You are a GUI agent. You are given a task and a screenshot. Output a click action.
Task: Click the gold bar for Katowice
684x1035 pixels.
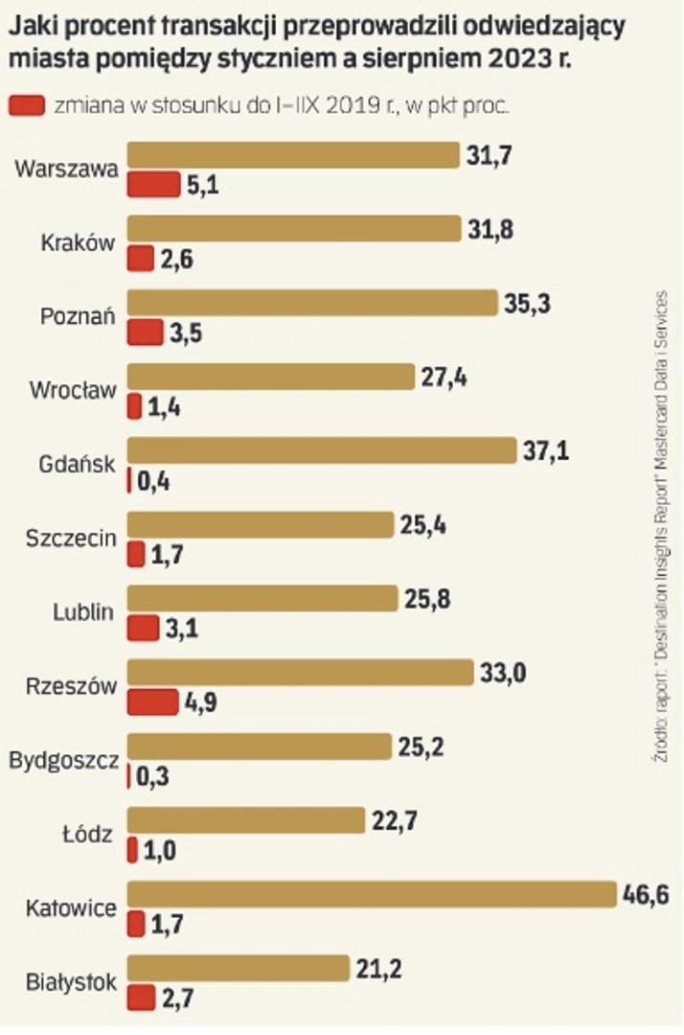click(371, 895)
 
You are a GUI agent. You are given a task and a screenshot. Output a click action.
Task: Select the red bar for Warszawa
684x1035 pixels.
click(153, 184)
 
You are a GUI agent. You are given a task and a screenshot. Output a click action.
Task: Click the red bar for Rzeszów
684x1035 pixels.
click(152, 702)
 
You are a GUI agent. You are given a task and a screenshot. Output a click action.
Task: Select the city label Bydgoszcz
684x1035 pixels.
click(64, 761)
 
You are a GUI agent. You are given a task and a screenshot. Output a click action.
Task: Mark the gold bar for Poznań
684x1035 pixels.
click(312, 304)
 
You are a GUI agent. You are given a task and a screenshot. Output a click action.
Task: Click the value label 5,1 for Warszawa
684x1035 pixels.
click(203, 185)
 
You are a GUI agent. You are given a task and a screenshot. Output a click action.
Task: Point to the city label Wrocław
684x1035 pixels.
click(73, 391)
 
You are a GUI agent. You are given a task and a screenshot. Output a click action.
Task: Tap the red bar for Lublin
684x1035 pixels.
click(143, 629)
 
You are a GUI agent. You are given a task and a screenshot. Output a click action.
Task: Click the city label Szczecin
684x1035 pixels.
click(71, 539)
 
